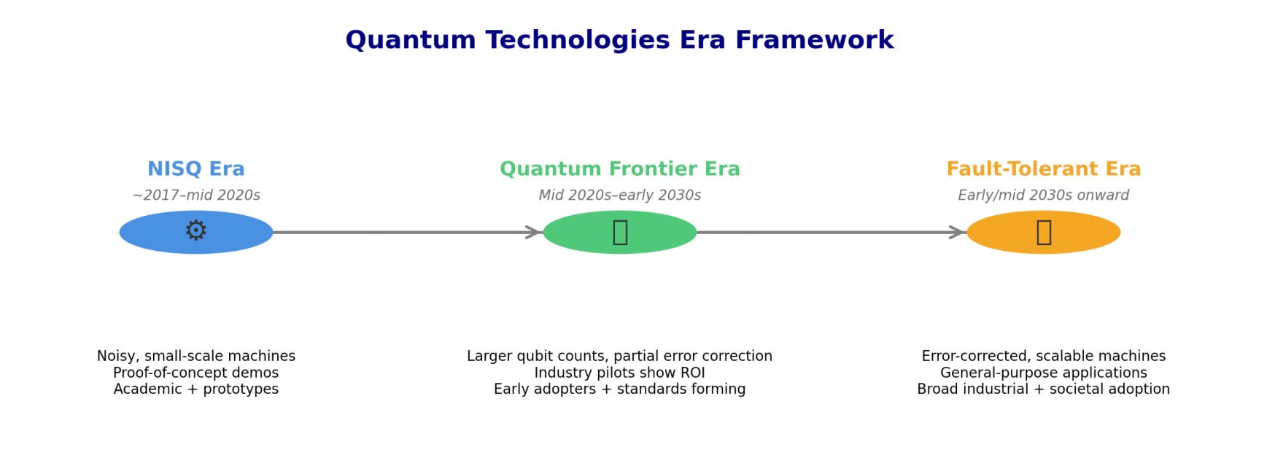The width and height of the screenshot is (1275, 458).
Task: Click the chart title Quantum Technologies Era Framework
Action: point(619,40)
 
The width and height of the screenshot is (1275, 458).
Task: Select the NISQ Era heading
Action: point(195,169)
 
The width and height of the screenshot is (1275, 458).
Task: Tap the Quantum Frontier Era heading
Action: point(619,169)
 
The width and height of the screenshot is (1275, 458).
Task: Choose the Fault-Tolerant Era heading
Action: point(1043,169)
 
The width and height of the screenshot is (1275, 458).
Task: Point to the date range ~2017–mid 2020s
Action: point(195,195)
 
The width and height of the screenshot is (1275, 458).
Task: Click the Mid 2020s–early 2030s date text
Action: point(619,195)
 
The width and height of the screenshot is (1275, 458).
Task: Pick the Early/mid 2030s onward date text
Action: point(1043,195)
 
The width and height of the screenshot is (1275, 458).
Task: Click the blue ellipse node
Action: point(146,233)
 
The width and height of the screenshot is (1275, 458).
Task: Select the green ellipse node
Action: point(576,233)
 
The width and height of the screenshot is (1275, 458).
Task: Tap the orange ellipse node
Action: point(999,233)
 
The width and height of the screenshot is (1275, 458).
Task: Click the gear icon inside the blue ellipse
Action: point(195,231)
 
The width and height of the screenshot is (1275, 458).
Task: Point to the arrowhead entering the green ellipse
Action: point(535,233)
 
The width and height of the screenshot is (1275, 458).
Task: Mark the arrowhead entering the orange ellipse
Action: point(959,233)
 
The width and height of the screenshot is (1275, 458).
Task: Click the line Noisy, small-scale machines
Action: point(195,356)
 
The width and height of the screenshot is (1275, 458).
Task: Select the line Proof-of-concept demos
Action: point(195,373)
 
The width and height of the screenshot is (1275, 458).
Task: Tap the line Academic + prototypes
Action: point(195,389)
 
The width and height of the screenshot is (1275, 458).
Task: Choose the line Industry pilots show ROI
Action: point(619,373)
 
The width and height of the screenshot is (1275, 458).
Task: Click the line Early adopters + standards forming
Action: point(619,389)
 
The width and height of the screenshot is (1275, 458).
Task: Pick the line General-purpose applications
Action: point(1043,373)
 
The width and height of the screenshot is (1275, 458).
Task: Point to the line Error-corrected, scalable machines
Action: point(1043,356)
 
